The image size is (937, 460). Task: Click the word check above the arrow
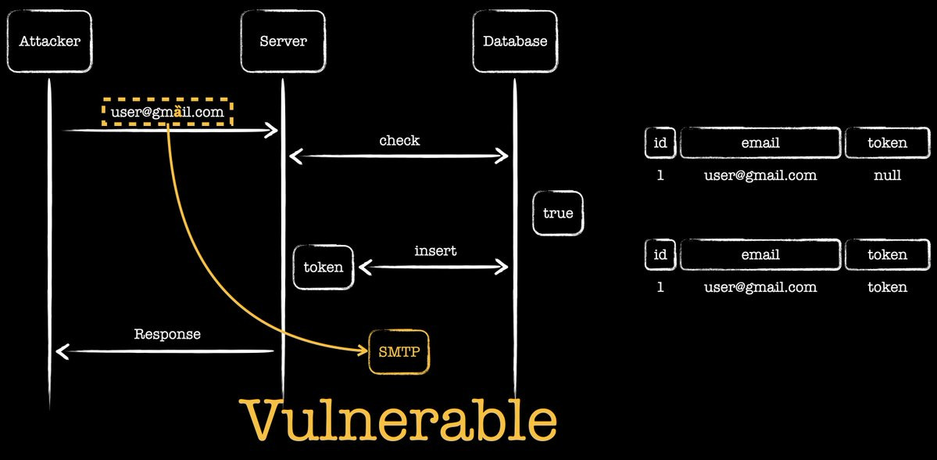click(x=400, y=141)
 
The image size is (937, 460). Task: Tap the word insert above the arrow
click(x=435, y=250)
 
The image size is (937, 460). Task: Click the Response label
click(x=167, y=334)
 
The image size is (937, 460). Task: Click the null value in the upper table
click(x=888, y=175)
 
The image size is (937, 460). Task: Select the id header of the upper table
click(x=660, y=142)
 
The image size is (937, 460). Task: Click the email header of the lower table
click(x=760, y=254)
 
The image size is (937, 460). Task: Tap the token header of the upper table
click(x=888, y=142)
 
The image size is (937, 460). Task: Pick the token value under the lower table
click(x=888, y=287)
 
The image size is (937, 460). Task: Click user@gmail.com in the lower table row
click(x=760, y=287)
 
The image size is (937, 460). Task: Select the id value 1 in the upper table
click(x=660, y=175)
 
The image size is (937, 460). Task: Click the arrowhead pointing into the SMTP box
click(x=363, y=350)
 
